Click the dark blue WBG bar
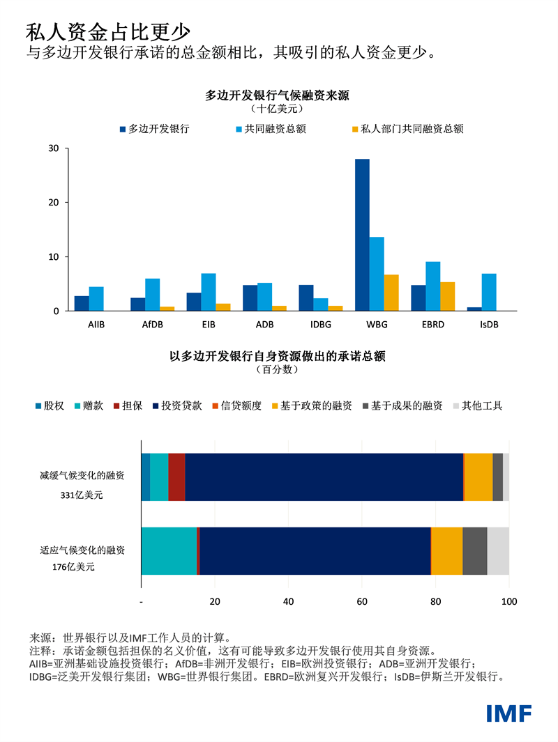(x=362, y=235)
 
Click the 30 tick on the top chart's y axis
(x=53, y=148)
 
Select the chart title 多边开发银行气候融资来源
(x=277, y=95)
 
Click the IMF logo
(x=508, y=713)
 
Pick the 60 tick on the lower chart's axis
(x=362, y=601)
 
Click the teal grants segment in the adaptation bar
(x=169, y=550)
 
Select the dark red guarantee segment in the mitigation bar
(x=176, y=477)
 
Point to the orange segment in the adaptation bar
(x=447, y=550)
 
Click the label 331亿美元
(x=82, y=495)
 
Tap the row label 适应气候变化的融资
(x=82, y=550)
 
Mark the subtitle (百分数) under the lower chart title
(x=277, y=370)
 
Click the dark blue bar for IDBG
(x=306, y=297)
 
